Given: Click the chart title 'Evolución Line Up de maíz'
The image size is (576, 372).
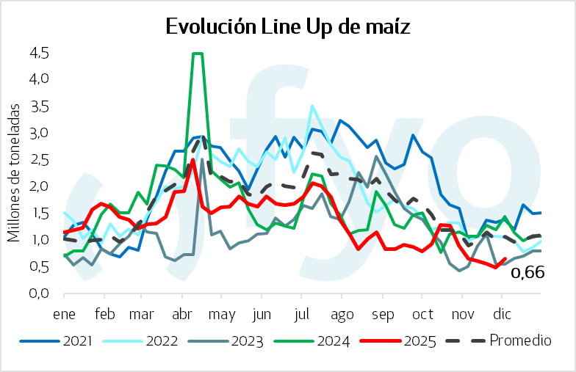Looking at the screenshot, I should point(287,26).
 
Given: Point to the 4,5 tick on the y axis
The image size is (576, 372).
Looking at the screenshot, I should point(40,53).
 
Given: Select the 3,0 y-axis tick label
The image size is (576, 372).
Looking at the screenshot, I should point(40,133).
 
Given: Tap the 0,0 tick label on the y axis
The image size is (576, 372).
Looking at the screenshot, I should point(40,293).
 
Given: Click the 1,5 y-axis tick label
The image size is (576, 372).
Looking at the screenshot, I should point(40,213).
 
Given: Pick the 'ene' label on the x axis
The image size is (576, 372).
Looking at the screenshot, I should point(65,315).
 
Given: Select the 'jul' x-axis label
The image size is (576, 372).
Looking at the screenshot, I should point(301,315).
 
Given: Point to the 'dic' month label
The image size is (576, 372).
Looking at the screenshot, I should point(502,315).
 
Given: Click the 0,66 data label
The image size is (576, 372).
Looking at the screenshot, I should point(528,273).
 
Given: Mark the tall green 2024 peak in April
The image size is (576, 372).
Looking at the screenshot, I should point(197,54).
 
